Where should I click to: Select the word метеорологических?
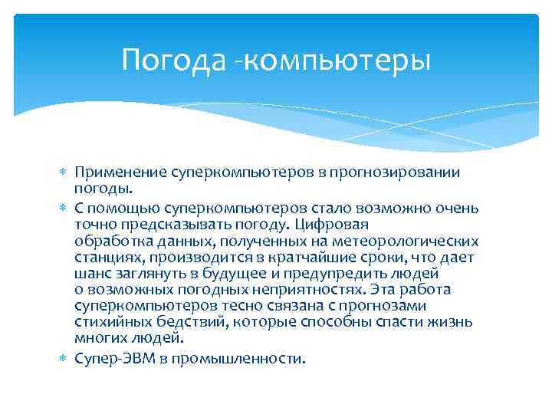pos(415,241)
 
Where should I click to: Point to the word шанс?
pos(91,273)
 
